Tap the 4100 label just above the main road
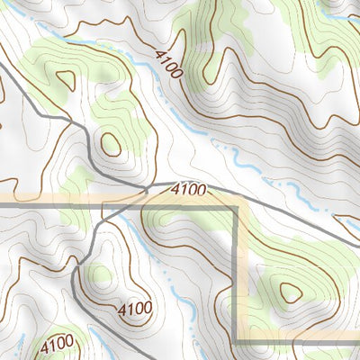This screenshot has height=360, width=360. click(188, 191)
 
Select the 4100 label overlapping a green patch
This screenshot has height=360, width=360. click(56, 344)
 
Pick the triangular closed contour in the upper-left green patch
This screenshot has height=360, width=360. click(64, 79)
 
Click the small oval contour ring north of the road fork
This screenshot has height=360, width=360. click(111, 143)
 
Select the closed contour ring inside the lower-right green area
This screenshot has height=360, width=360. click(290, 292)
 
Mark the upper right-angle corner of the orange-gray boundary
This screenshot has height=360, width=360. click(239, 207)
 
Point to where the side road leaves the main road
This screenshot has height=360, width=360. click(144, 190)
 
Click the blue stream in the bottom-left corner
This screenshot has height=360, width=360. click(18, 342)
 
